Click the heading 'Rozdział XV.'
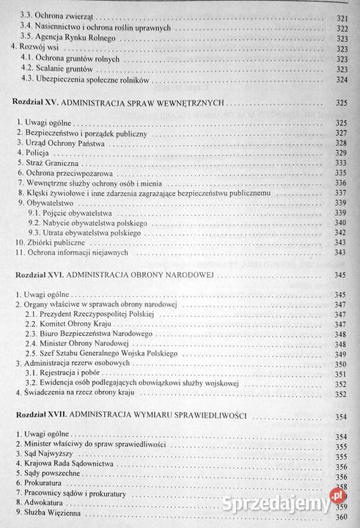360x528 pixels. coord(37,104)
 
